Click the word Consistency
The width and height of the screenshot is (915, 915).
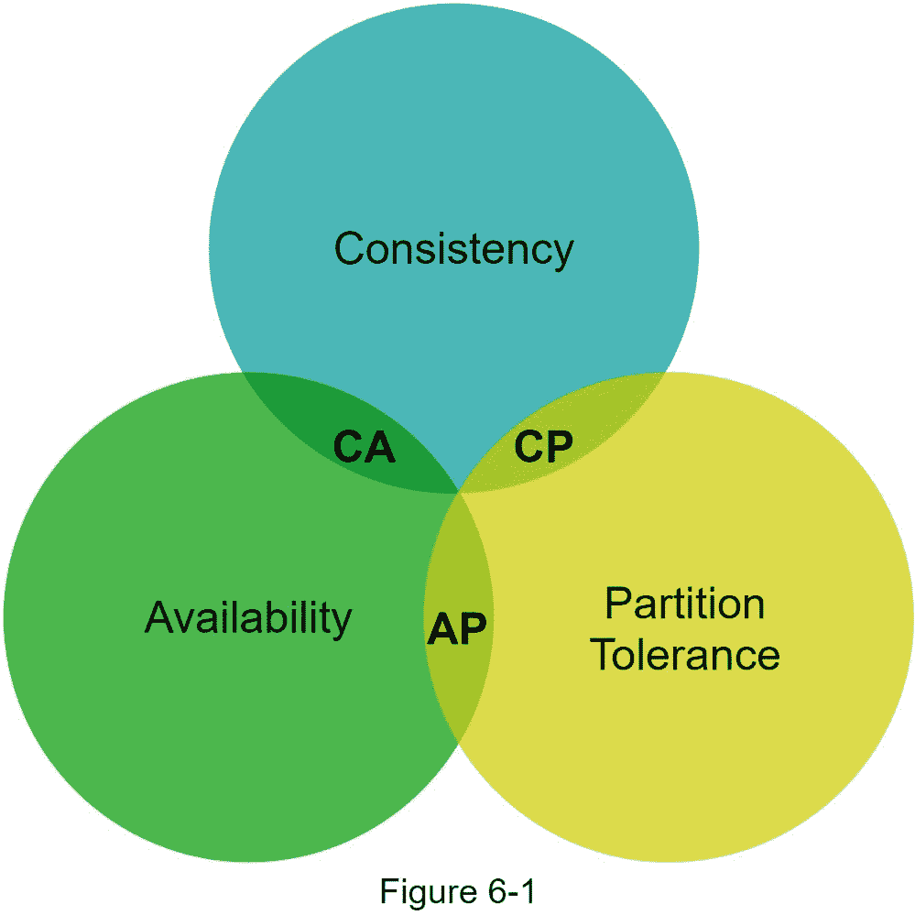coord(453,248)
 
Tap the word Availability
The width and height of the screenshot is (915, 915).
coord(248,618)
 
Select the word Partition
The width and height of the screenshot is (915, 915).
coord(684,605)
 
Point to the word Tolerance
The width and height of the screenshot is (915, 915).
coord(684,656)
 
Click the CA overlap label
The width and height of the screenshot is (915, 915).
coord(364,447)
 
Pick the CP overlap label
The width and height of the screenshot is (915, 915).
coord(543,447)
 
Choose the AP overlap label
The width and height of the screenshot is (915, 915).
coord(457,629)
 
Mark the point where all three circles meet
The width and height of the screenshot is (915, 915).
coord(458,494)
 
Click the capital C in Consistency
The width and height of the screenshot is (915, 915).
coord(350,248)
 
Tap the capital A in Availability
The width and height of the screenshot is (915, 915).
coord(159,618)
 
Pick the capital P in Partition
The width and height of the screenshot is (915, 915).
coord(615,605)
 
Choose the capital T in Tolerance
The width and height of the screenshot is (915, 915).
coord(602,656)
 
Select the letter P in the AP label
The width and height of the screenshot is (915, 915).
coord(473,629)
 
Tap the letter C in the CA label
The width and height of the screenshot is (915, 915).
coord(347,447)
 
